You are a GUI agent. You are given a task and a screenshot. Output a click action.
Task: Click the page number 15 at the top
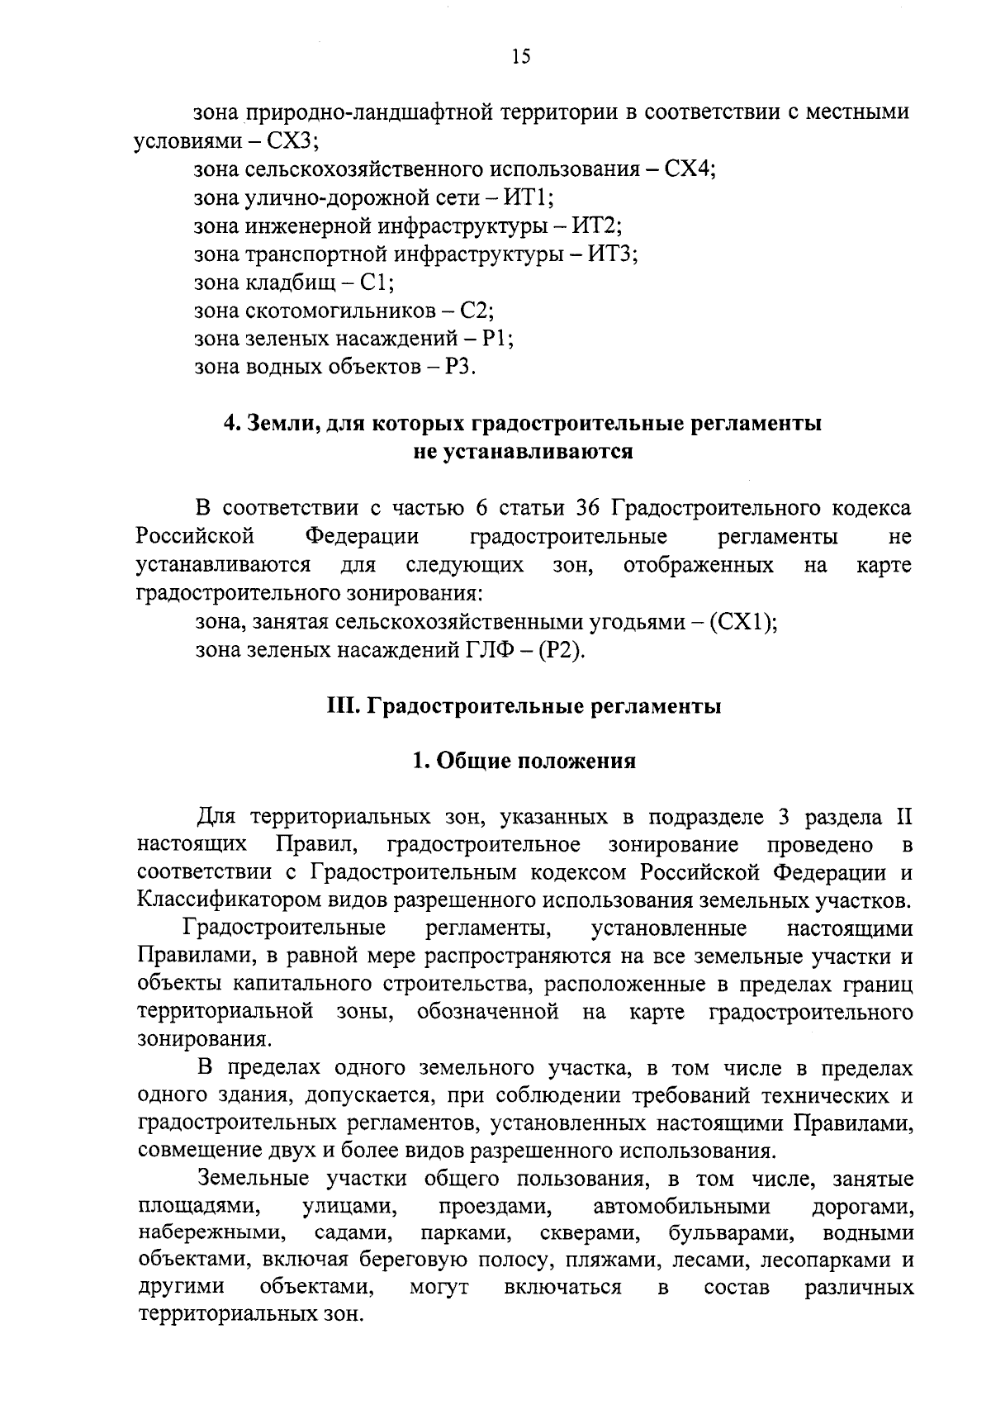(520, 56)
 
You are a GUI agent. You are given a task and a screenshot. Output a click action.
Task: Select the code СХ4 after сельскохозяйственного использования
(690, 170)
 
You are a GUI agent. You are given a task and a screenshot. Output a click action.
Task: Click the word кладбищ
(291, 283)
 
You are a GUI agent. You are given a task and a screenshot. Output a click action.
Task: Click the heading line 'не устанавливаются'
(523, 452)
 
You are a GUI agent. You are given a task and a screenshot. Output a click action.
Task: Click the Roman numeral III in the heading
(339, 707)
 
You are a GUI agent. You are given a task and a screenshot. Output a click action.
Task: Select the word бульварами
(732, 1234)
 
